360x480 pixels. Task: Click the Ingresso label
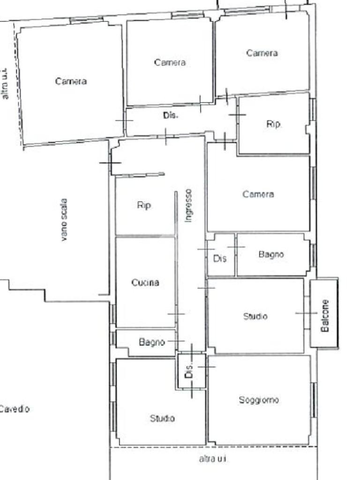pos(188,205)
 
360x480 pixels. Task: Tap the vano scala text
pos(64,220)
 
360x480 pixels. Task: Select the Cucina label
pos(145,282)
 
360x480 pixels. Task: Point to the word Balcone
pos(325,315)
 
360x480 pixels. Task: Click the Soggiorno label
pos(259,400)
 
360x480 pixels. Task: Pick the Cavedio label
pos(15,409)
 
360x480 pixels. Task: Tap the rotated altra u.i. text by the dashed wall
pos(5,83)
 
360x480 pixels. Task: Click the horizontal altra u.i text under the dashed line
pos(213,458)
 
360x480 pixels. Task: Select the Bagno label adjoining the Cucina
pos(152,342)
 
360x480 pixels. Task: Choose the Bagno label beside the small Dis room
pos(271,254)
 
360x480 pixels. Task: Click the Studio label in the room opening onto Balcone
pos(255,316)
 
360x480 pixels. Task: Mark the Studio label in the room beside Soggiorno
pos(162,418)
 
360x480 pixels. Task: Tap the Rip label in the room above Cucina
pos(144,205)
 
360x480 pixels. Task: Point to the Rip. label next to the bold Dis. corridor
pos(274,124)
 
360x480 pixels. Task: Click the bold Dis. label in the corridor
pos(171,115)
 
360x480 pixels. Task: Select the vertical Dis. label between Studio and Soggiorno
pos(189,370)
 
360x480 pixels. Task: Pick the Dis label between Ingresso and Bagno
pos(220,258)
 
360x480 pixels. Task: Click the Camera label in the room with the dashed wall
pos(71,81)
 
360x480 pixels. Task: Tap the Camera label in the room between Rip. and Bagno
pos(258,194)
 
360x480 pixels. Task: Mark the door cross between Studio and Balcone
pos(306,313)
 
